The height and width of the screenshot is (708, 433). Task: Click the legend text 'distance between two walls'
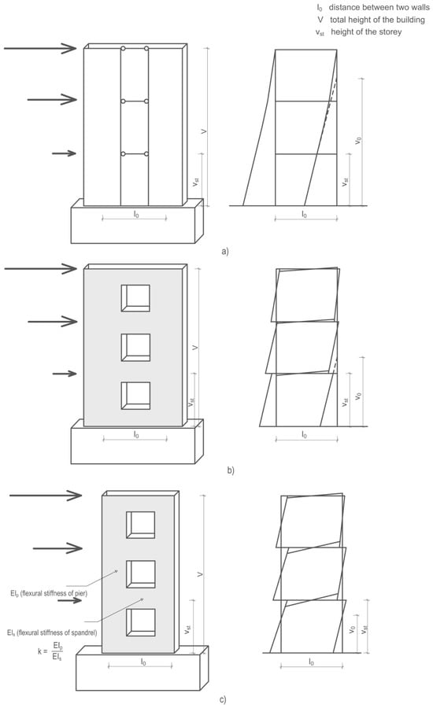379,7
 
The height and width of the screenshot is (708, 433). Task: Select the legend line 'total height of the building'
372,20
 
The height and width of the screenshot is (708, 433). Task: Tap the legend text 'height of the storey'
366,31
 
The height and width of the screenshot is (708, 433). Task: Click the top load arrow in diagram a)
40,48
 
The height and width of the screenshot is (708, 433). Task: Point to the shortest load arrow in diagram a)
65,153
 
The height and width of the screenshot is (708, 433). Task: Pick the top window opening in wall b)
135,298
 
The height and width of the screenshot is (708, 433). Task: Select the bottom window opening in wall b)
135,396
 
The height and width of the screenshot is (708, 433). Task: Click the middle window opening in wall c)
141,574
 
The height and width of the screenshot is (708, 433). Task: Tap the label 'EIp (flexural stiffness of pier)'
49,593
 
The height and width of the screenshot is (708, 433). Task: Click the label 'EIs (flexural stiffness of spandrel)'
52,632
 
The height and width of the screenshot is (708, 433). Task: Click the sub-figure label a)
225,251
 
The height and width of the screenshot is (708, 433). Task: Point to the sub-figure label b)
231,470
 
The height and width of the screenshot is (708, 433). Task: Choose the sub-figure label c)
222,700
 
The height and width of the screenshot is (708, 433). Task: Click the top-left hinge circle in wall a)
123,48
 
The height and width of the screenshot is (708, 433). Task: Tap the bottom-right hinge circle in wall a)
146,154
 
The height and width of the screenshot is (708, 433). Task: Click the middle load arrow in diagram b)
53,322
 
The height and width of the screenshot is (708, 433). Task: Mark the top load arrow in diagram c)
46,496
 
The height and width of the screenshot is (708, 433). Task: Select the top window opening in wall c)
141,525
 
